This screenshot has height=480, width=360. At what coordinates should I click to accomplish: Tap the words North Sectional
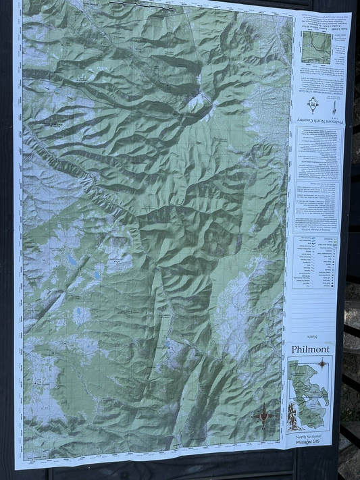310,437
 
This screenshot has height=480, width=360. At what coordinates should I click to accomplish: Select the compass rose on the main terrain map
263,417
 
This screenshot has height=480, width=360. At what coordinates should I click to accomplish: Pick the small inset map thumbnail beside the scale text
317,47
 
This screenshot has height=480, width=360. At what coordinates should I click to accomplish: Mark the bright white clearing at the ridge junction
198,103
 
